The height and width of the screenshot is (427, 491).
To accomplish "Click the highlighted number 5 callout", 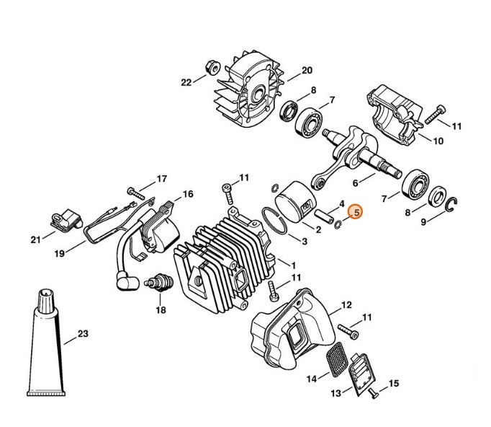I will coord(355,212).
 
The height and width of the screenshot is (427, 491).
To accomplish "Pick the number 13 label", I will coord(335,393).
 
